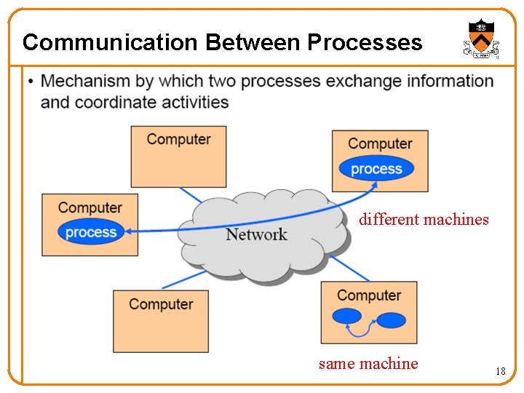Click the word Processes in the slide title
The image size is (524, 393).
pyautogui.click(x=364, y=42)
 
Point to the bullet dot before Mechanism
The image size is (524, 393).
pyautogui.click(x=30, y=81)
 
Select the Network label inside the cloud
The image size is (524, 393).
pyautogui.click(x=256, y=234)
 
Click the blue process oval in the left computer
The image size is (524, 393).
pyautogui.click(x=91, y=233)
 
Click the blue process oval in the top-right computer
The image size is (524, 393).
pyautogui.click(x=376, y=169)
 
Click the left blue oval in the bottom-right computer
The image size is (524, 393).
pyautogui.click(x=346, y=317)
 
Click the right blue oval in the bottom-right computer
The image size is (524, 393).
pyautogui.click(x=392, y=319)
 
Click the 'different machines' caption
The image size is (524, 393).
pyautogui.click(x=424, y=219)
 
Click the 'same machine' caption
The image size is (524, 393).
pyautogui.click(x=368, y=363)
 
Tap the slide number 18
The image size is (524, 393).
pyautogui.click(x=500, y=371)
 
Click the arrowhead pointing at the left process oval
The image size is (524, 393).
pyautogui.click(x=128, y=231)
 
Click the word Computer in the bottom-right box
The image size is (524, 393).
pyautogui.click(x=369, y=295)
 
